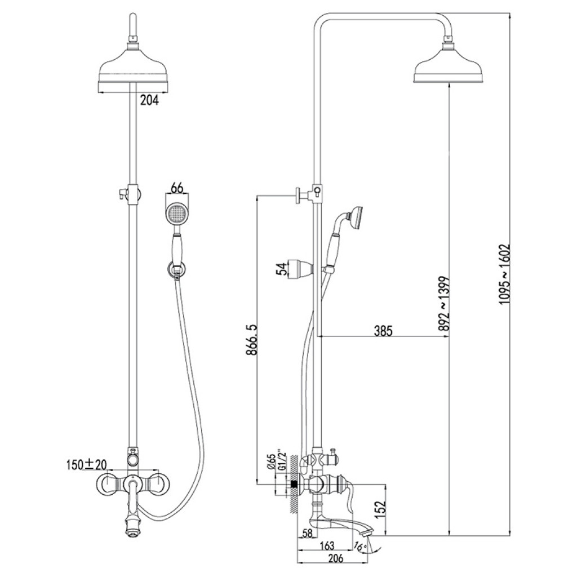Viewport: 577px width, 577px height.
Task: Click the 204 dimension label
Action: pyautogui.click(x=149, y=100)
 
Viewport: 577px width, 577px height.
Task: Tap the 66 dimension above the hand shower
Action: pyautogui.click(x=177, y=188)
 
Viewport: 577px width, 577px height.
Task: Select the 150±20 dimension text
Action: pyautogui.click(x=86, y=465)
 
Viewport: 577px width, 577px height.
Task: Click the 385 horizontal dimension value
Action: pyautogui.click(x=383, y=331)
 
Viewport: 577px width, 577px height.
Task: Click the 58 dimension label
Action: pyautogui.click(x=308, y=533)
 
